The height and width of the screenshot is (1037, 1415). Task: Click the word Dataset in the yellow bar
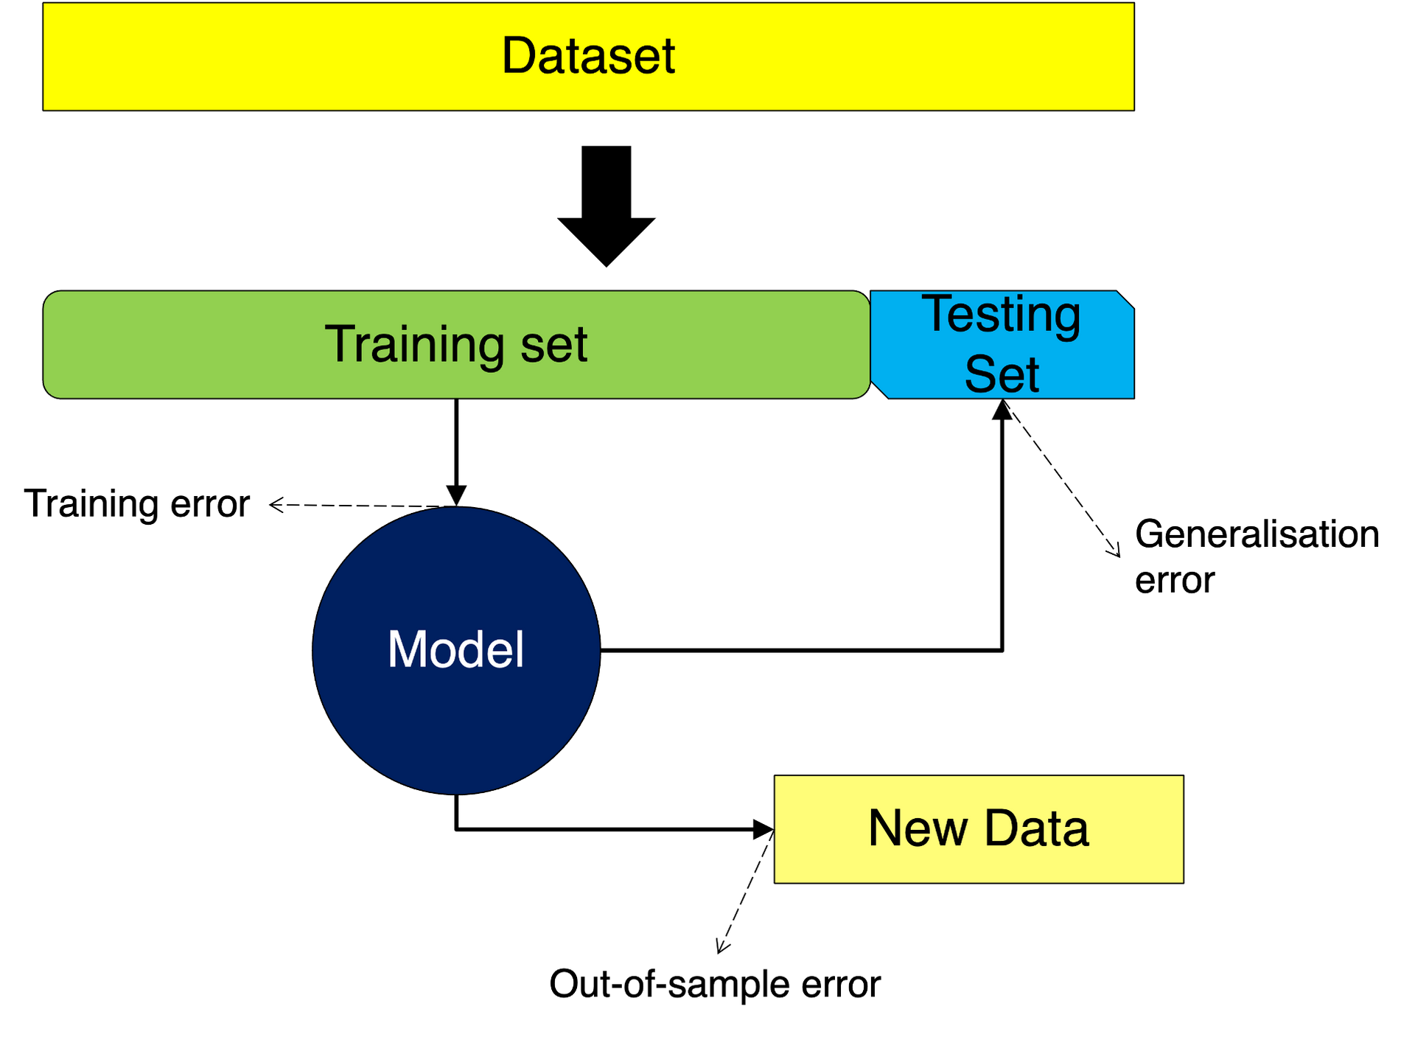pyautogui.click(x=588, y=56)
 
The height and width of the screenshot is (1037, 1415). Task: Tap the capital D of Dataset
pyautogui.click(x=519, y=56)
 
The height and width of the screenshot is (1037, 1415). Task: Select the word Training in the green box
pyautogui.click(x=413, y=344)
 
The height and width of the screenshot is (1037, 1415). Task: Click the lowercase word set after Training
pyautogui.click(x=553, y=345)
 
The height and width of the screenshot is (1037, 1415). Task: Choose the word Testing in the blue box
pyautogui.click(x=1001, y=315)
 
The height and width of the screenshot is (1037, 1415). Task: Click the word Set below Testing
pyautogui.click(x=1001, y=374)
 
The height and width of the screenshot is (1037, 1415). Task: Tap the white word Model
pyautogui.click(x=455, y=650)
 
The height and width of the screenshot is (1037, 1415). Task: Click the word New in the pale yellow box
pyautogui.click(x=918, y=828)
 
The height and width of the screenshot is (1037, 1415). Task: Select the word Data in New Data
pyautogui.click(x=1035, y=828)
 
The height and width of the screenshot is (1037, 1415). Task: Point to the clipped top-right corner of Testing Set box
pyautogui.click(x=1125, y=300)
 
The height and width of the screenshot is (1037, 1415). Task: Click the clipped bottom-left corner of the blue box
pyautogui.click(x=880, y=390)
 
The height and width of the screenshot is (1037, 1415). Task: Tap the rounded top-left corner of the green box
pyautogui.click(x=49, y=297)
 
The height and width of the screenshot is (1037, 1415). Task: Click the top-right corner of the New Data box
pyautogui.click(x=1181, y=778)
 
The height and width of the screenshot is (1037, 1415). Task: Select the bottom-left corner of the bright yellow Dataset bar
pyautogui.click(x=45, y=108)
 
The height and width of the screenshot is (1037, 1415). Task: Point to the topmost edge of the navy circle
pyautogui.click(x=456, y=509)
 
